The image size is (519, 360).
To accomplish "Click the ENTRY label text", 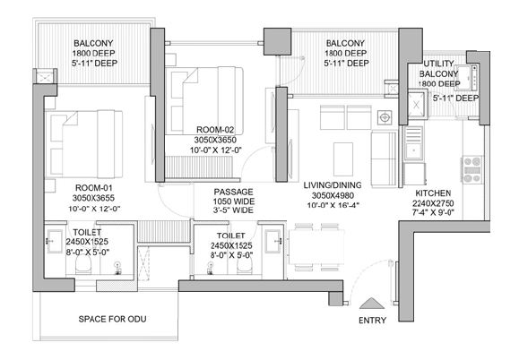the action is pos(372,320).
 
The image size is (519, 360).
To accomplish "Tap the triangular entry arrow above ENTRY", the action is pos(372,304).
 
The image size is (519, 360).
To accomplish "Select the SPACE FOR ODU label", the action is pos(113,319).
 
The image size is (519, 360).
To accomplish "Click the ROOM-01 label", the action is pos(94,188).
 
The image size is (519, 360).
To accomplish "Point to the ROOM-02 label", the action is pos(215,130).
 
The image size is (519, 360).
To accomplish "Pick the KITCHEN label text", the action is pos(433,193).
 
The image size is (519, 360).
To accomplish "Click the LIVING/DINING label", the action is pos(333,185).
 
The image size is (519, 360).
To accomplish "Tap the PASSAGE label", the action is pos(233,192).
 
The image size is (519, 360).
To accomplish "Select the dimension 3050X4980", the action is pos(333,195).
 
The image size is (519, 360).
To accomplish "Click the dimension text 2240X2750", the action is pos(433,203).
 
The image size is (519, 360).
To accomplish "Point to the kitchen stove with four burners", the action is pos(472,170).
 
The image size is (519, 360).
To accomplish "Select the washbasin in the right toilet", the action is pos(273,241).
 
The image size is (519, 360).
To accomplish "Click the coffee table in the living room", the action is pos(343,159).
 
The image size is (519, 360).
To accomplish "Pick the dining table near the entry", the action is pos(316,247).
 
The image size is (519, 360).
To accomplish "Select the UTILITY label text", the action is pos(438,64).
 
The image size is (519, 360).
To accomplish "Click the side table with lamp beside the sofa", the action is pos(385,117).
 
